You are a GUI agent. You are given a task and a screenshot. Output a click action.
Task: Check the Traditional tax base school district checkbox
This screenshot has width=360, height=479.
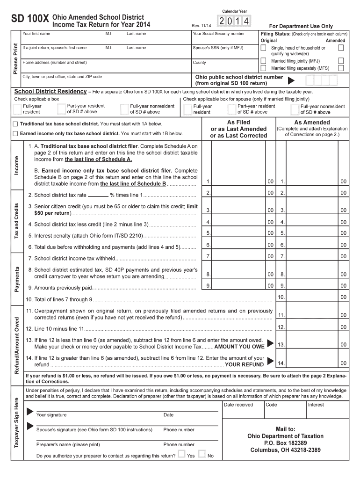click(x=15, y=124)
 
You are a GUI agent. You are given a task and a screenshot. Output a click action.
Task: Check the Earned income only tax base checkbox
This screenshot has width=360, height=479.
click(x=15, y=133)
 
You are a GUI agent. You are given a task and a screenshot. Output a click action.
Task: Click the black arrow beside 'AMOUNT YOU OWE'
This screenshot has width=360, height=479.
click(x=270, y=344)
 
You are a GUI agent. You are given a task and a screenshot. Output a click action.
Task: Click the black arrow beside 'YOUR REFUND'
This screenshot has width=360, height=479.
click(x=270, y=362)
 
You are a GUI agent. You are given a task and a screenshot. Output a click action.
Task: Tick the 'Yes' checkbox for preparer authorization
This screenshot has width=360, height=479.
click(x=181, y=454)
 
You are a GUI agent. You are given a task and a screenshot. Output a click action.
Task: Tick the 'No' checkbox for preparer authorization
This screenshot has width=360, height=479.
click(x=202, y=454)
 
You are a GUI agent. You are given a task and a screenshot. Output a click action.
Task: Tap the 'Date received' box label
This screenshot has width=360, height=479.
click(x=238, y=405)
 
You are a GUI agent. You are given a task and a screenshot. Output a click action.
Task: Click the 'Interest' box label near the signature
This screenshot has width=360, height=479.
click(x=316, y=405)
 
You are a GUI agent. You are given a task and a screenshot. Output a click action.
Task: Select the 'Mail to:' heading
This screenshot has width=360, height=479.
click(x=286, y=428)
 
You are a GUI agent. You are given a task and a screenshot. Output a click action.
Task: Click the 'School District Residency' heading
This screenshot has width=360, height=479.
click(x=50, y=92)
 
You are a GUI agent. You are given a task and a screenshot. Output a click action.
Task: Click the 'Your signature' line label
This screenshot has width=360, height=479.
click(x=51, y=415)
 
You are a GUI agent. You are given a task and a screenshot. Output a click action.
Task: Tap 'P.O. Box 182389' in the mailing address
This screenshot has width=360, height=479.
click(x=285, y=443)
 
